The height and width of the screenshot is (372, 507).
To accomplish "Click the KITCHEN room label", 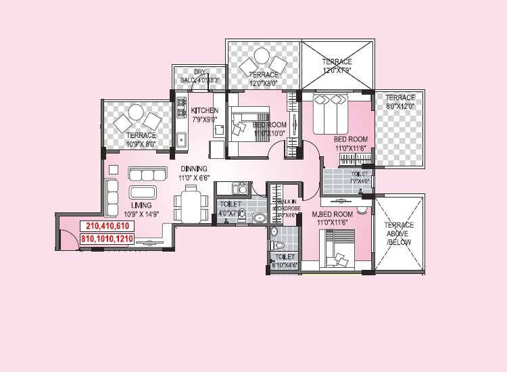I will click(x=204, y=110).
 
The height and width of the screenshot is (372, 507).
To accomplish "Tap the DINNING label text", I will click(x=194, y=168).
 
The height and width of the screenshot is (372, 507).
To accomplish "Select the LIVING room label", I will click(x=142, y=205).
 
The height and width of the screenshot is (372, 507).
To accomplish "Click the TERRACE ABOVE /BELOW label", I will click(x=400, y=233).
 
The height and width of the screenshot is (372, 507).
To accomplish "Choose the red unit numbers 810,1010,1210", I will click(x=107, y=239).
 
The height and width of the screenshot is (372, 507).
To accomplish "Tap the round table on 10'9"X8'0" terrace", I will click(x=137, y=111).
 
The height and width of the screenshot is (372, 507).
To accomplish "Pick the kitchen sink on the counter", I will click(x=182, y=141).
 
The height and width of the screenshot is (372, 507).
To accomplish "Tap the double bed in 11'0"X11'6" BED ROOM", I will click(x=331, y=115).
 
